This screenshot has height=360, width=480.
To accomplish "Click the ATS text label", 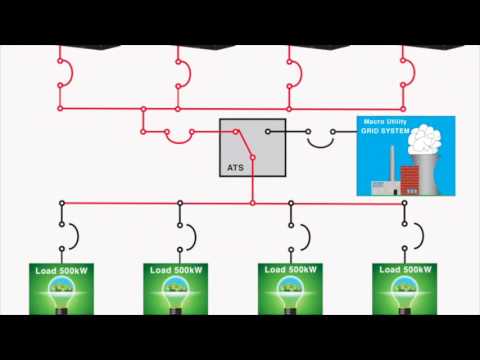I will (237, 167).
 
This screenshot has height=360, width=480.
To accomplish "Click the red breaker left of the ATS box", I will (178, 136).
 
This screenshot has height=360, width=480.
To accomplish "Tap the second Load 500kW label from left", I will (176, 270).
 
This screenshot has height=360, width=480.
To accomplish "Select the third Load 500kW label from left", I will (290, 270).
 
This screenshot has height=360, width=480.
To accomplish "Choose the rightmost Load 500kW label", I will (404, 270).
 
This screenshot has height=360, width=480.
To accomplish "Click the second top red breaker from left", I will (184, 72).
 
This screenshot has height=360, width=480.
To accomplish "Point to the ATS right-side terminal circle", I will (268, 131).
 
